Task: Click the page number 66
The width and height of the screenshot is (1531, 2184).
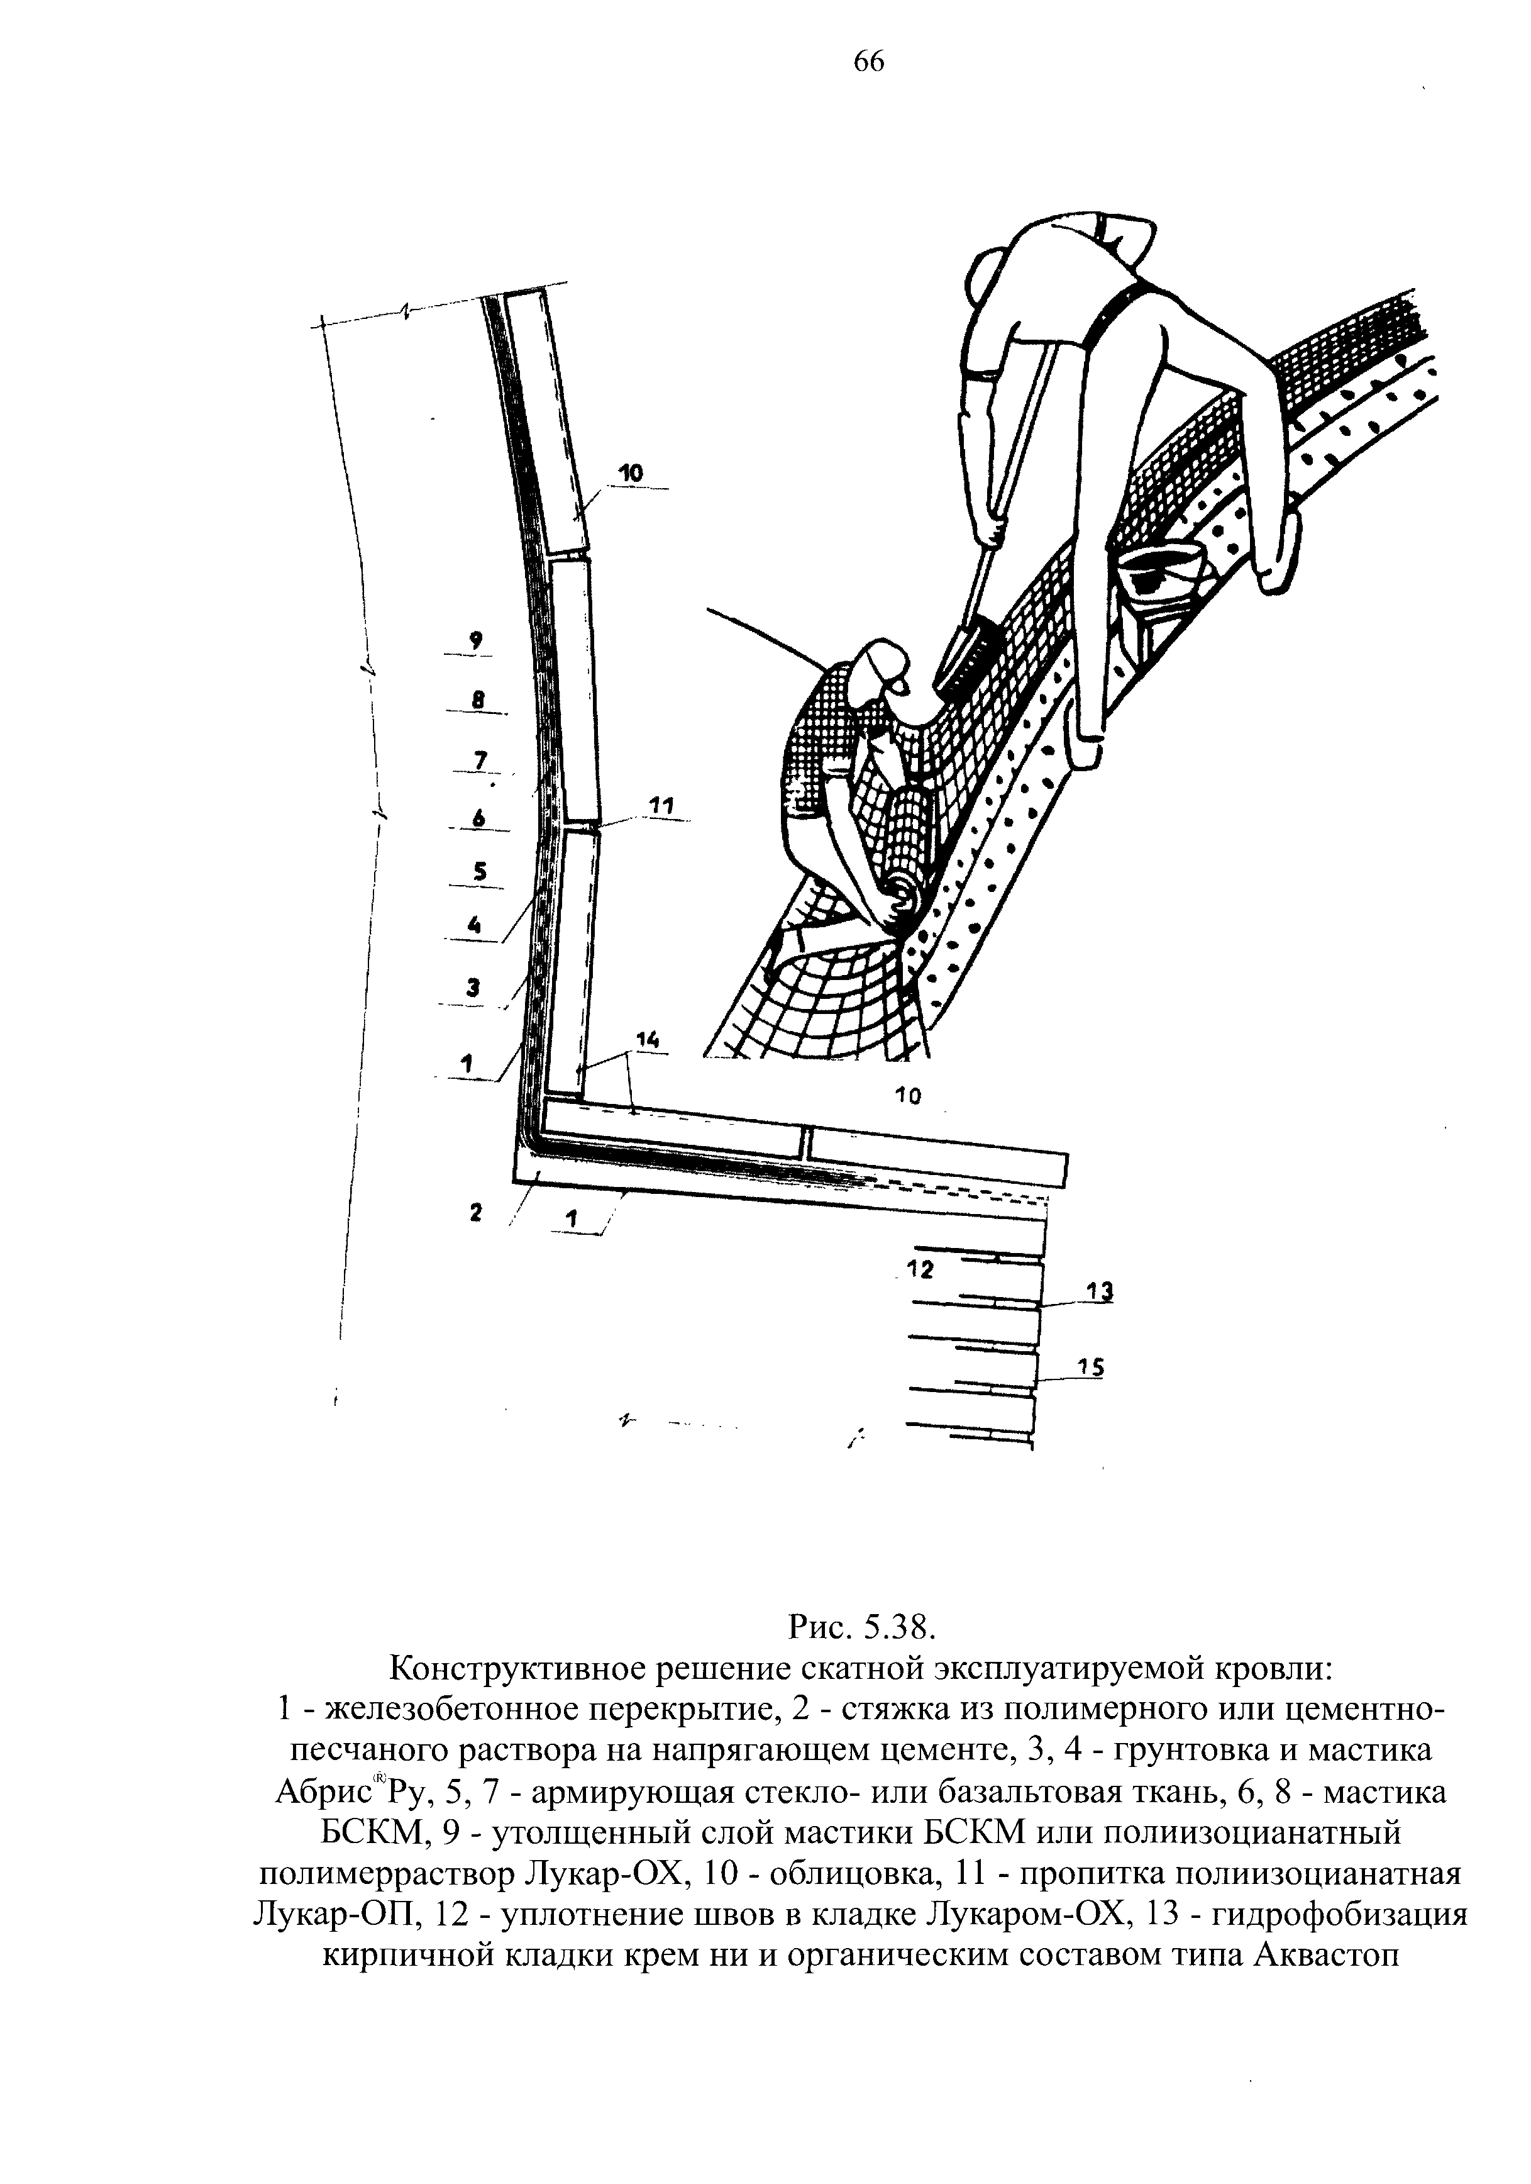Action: click(868, 62)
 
